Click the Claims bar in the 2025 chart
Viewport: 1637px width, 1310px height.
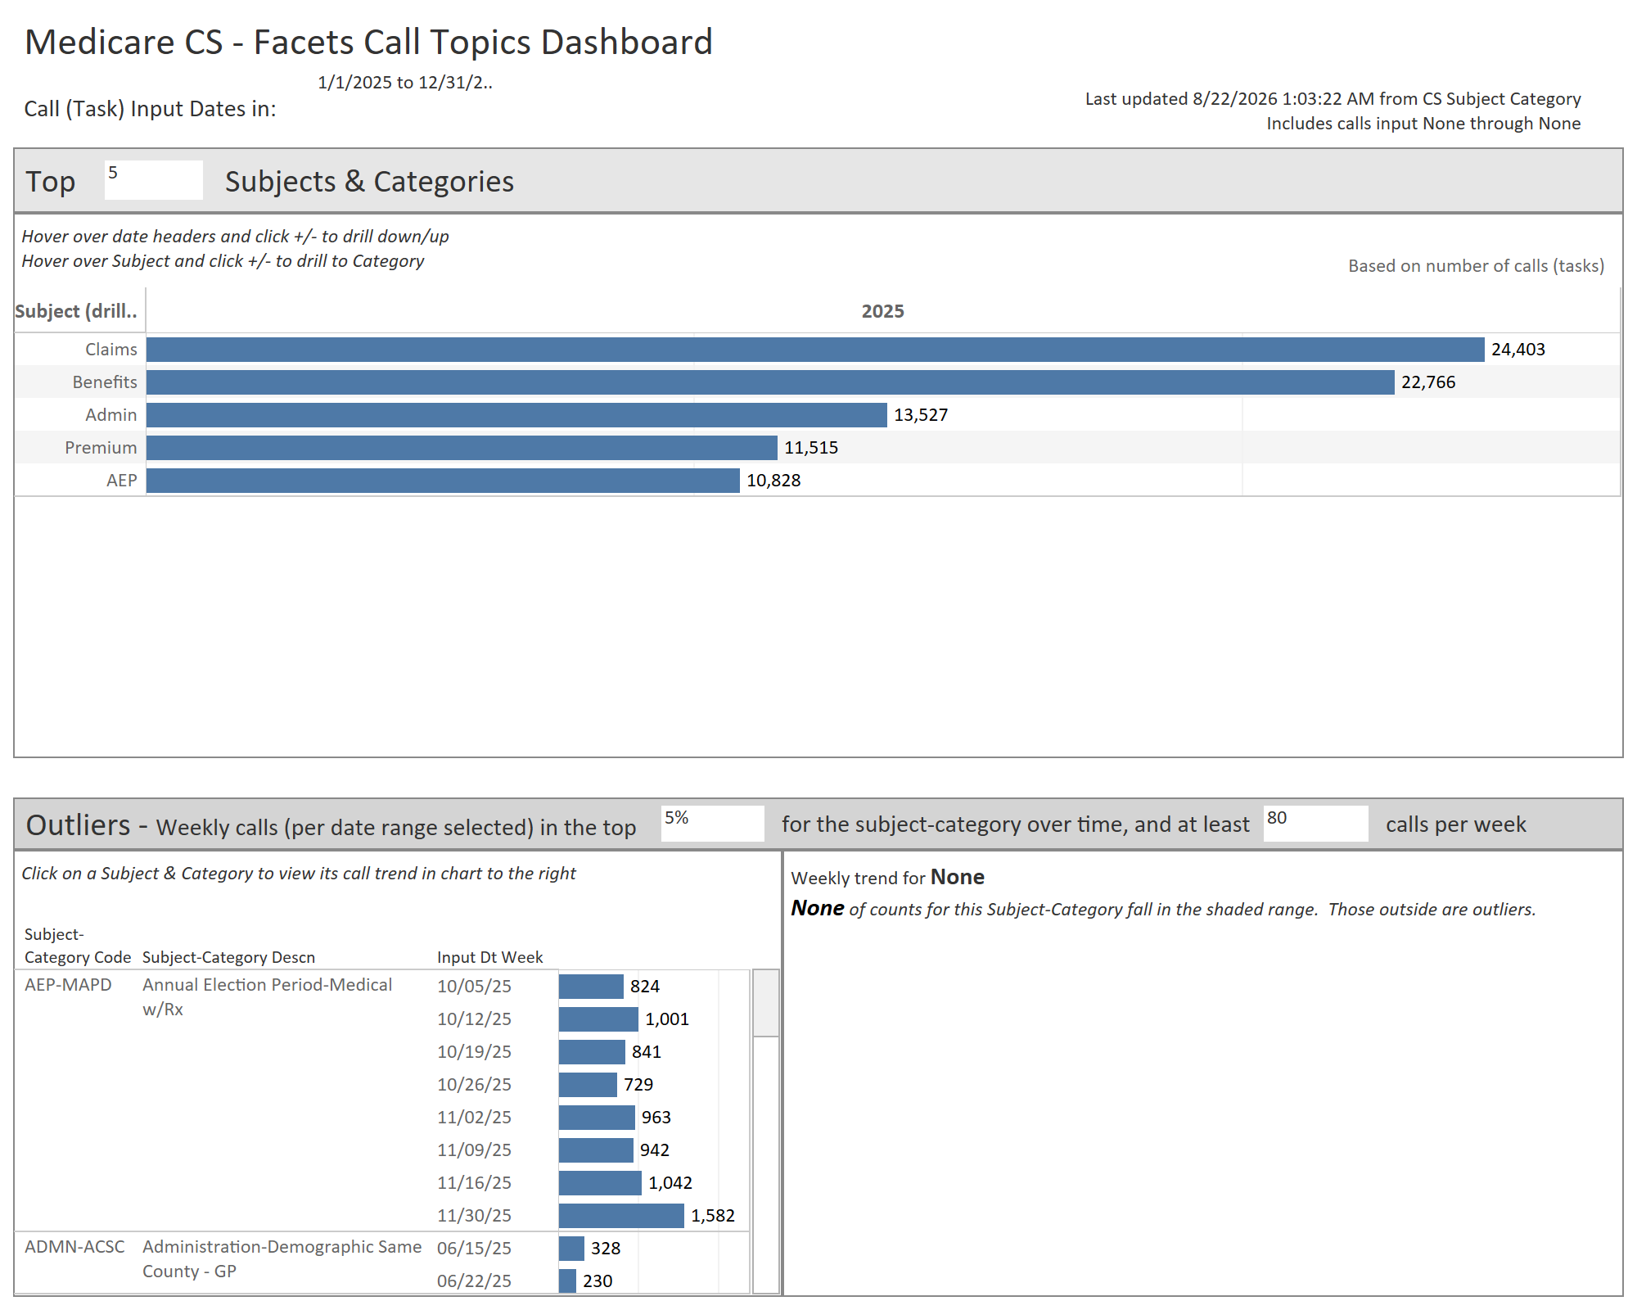pyautogui.click(x=815, y=350)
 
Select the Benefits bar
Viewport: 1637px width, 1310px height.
pyautogui.click(x=770, y=382)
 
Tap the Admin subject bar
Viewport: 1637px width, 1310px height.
pyautogui.click(x=516, y=415)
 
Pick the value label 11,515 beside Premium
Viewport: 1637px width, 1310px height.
pyautogui.click(x=811, y=448)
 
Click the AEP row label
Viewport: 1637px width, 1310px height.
pyautogui.click(x=121, y=481)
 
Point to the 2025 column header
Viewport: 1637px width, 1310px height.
pyautogui.click(x=882, y=311)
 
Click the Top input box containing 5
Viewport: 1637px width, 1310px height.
pyautogui.click(x=153, y=179)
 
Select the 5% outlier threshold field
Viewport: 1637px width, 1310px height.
pyautogui.click(x=712, y=823)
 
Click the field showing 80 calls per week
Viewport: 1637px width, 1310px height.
pyautogui.click(x=1315, y=823)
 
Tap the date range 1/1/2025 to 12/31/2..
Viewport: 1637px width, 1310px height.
pyautogui.click(x=405, y=83)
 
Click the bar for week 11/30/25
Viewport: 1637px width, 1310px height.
pyautogui.click(x=621, y=1216)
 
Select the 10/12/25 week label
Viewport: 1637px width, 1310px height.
pyautogui.click(x=474, y=1019)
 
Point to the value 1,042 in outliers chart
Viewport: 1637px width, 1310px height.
pyautogui.click(x=670, y=1183)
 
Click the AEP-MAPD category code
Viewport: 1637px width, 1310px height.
pyautogui.click(x=68, y=985)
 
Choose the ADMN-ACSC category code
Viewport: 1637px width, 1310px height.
pyautogui.click(x=74, y=1247)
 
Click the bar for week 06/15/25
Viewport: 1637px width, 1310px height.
pyautogui.click(x=571, y=1249)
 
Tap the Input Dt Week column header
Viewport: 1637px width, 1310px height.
pyautogui.click(x=489, y=957)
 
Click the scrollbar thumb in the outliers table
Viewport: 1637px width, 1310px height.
pyautogui.click(x=765, y=1003)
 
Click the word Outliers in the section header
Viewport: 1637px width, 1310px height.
pyautogui.click(x=79, y=824)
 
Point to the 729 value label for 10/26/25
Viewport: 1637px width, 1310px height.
pyautogui.click(x=638, y=1085)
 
